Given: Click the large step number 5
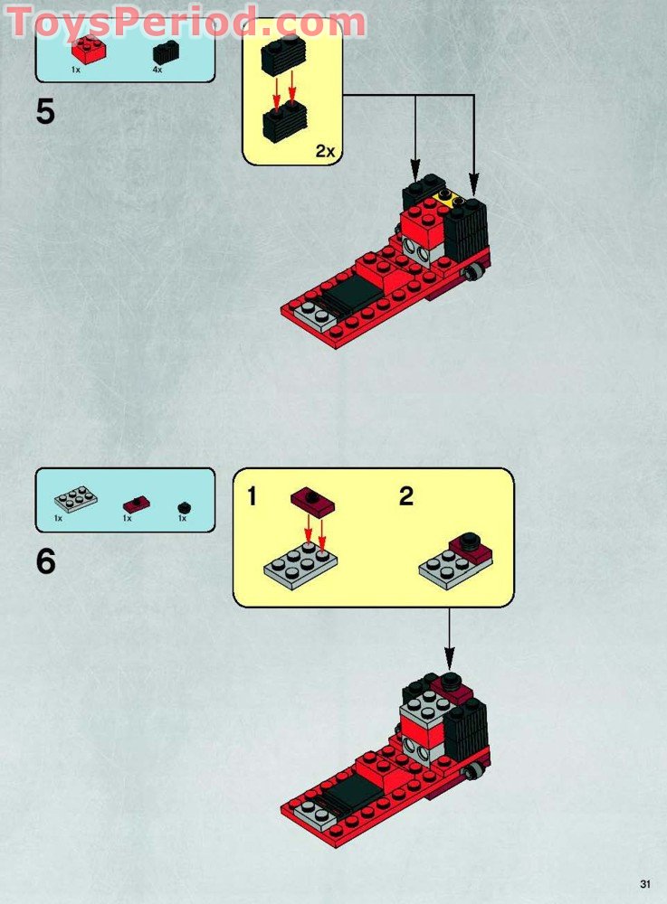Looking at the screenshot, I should [x=45, y=113].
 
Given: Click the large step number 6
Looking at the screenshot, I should [x=46, y=561].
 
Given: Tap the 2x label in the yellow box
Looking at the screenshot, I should [x=325, y=151].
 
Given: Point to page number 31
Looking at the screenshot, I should [x=644, y=884].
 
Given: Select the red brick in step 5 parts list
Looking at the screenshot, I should [x=89, y=50].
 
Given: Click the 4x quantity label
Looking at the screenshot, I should [x=157, y=71].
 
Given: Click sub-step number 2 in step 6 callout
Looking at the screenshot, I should [x=406, y=496].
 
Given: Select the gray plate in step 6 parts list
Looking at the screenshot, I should [x=75, y=499].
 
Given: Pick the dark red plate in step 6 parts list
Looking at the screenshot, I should [x=136, y=503].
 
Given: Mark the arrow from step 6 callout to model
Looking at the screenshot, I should [x=448, y=642].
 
